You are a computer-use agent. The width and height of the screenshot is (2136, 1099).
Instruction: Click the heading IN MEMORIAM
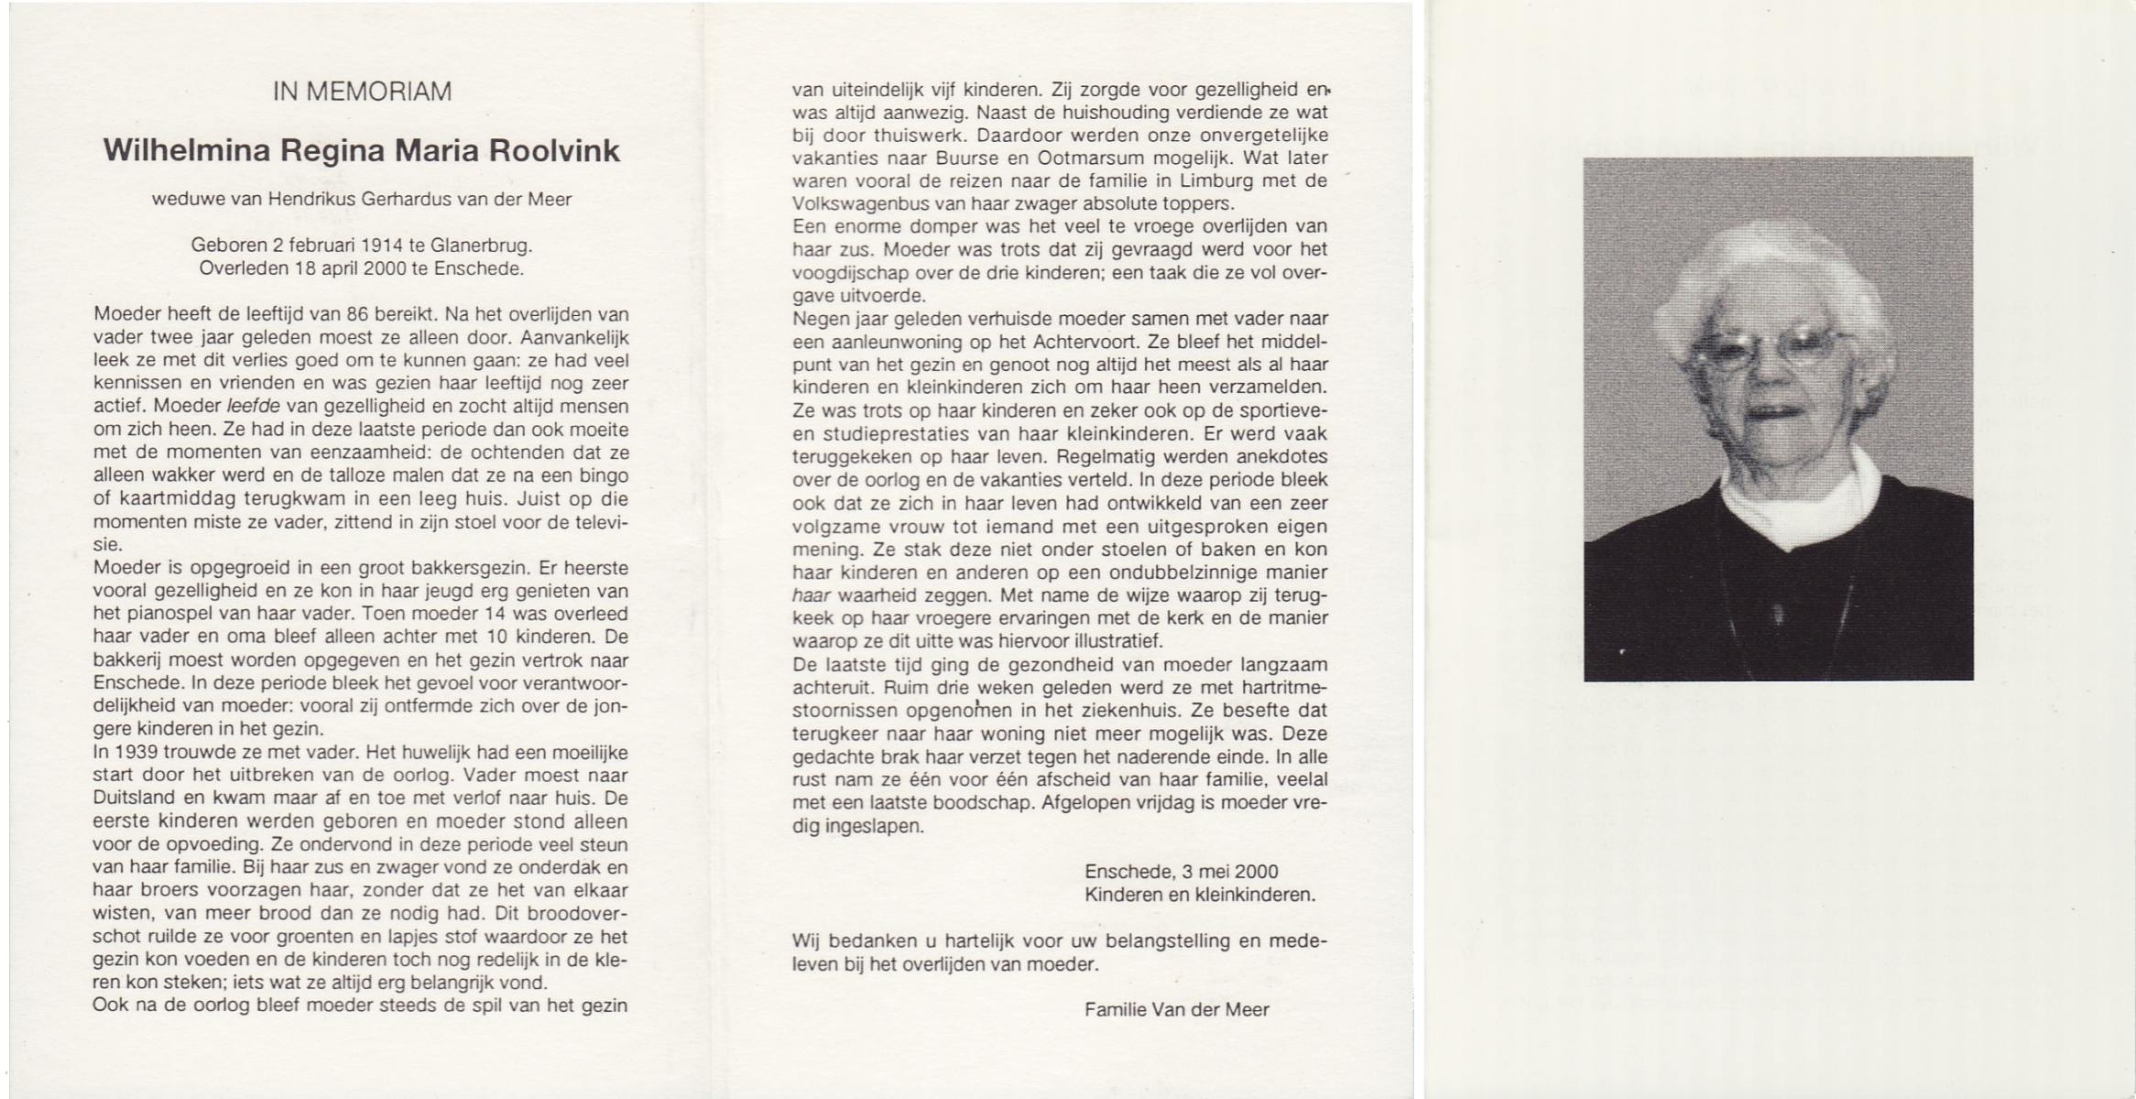362,92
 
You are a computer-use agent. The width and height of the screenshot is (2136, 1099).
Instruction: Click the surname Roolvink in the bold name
554,151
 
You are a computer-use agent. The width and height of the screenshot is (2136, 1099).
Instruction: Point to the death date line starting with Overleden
361,269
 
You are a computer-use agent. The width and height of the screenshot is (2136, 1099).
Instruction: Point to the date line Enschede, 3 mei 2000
1181,872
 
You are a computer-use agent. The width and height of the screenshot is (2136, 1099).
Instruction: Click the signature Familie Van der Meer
1176,1009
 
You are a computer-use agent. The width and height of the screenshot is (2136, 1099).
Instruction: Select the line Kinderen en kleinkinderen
1199,895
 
